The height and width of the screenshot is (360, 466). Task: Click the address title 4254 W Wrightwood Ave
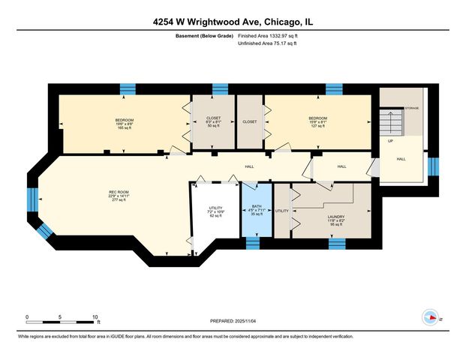tap(233, 22)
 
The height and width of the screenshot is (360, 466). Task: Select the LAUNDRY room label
tap(335, 218)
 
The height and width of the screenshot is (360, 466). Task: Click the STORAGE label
tap(412, 108)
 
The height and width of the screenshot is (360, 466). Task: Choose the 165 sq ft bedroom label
tap(124, 124)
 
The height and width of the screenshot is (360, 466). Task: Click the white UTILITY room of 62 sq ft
tap(216, 212)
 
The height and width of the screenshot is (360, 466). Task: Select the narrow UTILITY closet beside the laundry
tap(281, 211)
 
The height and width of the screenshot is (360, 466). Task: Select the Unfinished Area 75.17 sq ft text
tap(266, 44)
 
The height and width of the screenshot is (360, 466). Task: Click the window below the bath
tap(253, 243)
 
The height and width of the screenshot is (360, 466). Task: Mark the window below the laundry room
tap(337, 243)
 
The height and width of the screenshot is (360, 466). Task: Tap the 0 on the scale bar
tap(27, 316)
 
